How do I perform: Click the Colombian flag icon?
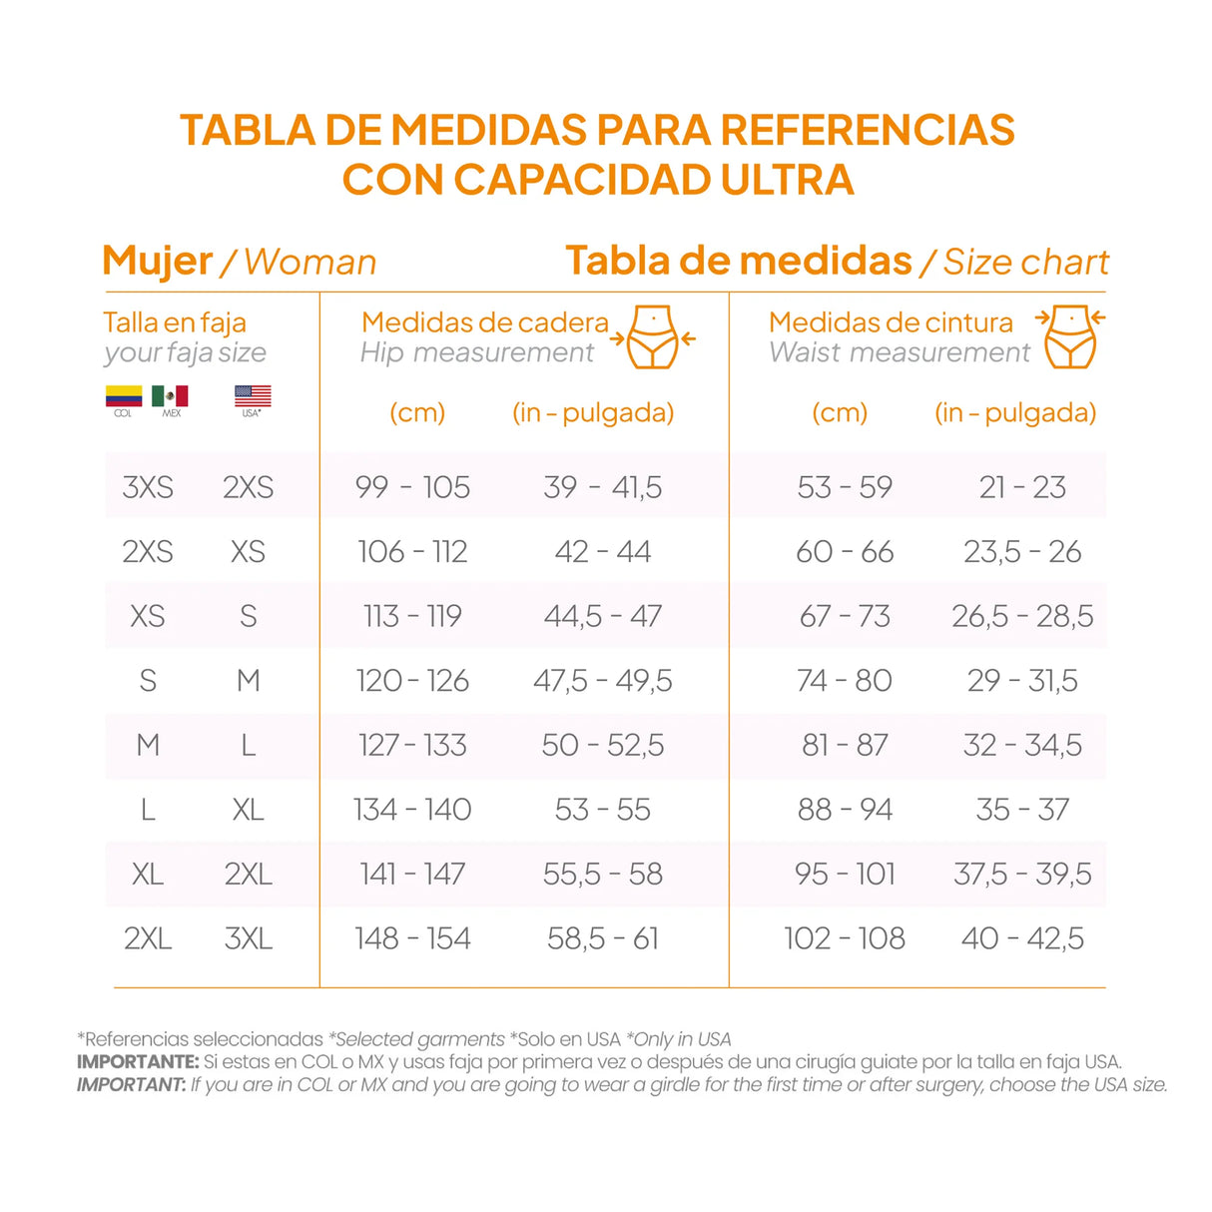pyautogui.click(x=124, y=395)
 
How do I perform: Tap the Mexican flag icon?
pyautogui.click(x=170, y=395)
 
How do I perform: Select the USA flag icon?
pyautogui.click(x=253, y=395)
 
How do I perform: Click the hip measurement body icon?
pyautogui.click(x=654, y=337)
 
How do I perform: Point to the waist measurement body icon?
pyautogui.click(x=1070, y=337)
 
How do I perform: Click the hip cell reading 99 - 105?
pyautogui.click(x=412, y=487)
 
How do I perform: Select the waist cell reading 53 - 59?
pyautogui.click(x=845, y=487)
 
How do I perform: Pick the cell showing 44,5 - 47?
pyautogui.click(x=603, y=616)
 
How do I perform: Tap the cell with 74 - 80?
pyautogui.click(x=845, y=681)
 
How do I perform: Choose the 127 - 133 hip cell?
pyautogui.click(x=412, y=745)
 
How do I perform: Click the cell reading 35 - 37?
pyautogui.click(x=1022, y=810)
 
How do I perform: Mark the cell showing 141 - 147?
pyautogui.click(x=412, y=875)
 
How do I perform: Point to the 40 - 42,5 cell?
pyautogui.click(x=1022, y=938)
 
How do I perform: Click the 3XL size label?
pyautogui.click(x=249, y=938)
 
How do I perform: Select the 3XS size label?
pyautogui.click(x=148, y=487)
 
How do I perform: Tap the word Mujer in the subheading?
pyautogui.click(x=158, y=262)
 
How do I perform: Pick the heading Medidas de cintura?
pyautogui.click(x=891, y=322)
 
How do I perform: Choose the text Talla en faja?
pyautogui.click(x=175, y=322)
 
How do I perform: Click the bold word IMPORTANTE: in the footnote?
pyautogui.click(x=139, y=1062)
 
